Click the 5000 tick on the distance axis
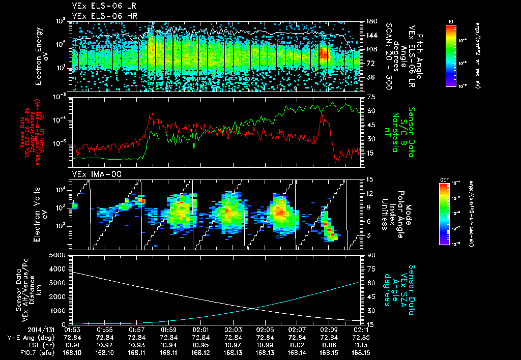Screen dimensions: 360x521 click(x=60, y=255)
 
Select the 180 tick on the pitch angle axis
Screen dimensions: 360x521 click(x=371, y=21)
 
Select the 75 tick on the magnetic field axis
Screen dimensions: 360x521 click(x=371, y=97)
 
